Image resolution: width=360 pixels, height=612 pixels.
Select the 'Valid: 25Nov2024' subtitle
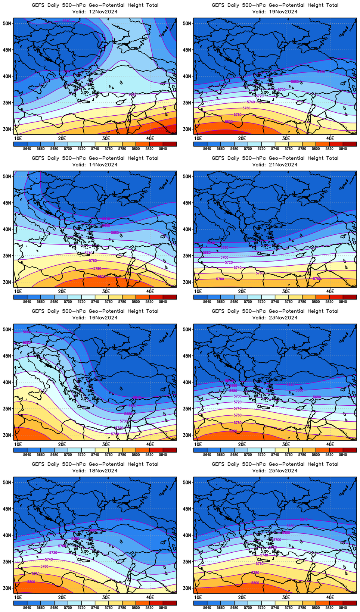(275, 471)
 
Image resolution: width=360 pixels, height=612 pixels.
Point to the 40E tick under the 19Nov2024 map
(330, 138)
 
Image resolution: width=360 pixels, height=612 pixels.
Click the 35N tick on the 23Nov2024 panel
(187, 409)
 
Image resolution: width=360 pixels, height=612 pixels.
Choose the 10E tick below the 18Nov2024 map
(18, 597)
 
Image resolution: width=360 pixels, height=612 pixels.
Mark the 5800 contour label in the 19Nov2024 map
(229, 122)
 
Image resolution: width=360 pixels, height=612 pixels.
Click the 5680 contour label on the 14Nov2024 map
(115, 232)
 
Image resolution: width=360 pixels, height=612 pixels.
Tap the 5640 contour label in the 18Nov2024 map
(119, 519)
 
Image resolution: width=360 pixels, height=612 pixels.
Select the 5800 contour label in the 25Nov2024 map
(255, 583)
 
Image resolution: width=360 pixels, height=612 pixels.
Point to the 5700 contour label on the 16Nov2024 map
(124, 421)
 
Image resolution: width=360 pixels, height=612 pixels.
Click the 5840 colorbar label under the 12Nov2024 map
(163, 149)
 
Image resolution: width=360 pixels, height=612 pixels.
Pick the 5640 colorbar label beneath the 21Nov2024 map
(207, 302)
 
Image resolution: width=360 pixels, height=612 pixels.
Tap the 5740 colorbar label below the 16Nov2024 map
(95, 455)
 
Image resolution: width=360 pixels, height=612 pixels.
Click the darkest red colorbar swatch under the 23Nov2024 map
(350, 450)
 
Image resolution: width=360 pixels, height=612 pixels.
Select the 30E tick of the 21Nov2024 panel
(286, 291)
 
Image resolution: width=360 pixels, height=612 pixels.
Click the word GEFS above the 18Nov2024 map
(38, 464)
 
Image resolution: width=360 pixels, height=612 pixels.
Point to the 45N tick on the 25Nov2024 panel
(187, 509)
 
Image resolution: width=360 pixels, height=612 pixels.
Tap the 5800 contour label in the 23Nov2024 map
(233, 431)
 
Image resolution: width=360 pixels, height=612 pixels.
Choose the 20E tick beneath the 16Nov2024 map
(62, 444)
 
